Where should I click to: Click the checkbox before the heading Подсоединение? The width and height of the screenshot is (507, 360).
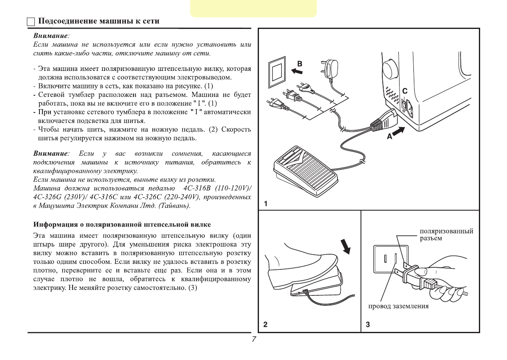[x=31, y=22]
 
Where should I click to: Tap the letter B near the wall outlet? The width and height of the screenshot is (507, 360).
[x=300, y=63]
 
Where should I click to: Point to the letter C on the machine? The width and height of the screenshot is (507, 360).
[x=405, y=91]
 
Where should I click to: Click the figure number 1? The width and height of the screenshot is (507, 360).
[x=266, y=203]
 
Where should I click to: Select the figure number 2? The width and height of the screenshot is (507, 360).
[x=265, y=324]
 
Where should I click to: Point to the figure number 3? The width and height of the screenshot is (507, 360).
[x=368, y=324]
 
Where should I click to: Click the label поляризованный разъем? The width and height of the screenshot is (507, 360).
[x=447, y=235]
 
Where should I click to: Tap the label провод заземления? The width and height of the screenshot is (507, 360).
[x=398, y=306]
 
